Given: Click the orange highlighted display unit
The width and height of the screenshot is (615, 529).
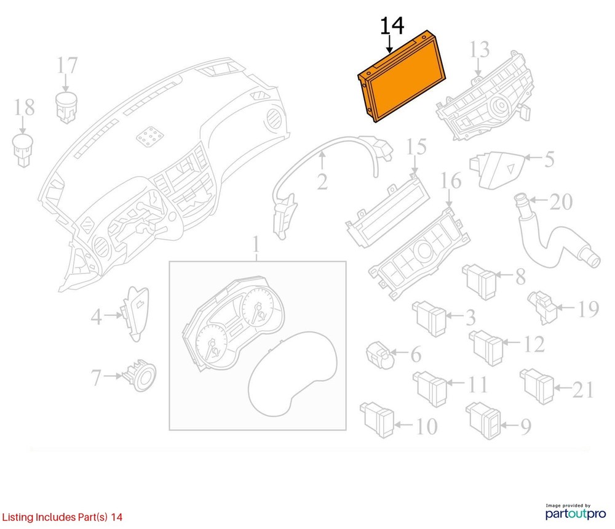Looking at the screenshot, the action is (x=402, y=76).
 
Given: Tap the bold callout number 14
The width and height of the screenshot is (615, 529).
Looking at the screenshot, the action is (x=392, y=25).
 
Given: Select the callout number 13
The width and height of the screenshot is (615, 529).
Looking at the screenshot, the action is (x=480, y=49).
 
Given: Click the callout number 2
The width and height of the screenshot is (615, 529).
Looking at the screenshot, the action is (x=322, y=182).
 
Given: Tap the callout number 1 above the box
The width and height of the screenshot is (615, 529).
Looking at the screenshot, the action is (x=256, y=244).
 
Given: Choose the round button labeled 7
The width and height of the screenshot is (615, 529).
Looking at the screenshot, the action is (x=140, y=376).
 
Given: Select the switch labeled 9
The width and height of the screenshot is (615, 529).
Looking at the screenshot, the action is (x=484, y=421).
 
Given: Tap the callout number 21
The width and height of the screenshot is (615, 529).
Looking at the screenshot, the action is (x=583, y=390).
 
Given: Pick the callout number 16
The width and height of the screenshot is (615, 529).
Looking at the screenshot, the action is (x=451, y=181).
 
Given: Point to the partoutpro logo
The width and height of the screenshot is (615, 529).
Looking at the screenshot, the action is (x=576, y=512).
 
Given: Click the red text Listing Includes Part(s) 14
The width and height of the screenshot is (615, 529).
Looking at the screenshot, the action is (x=62, y=517).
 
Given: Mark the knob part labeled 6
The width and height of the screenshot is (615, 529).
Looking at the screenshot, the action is (x=379, y=355).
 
